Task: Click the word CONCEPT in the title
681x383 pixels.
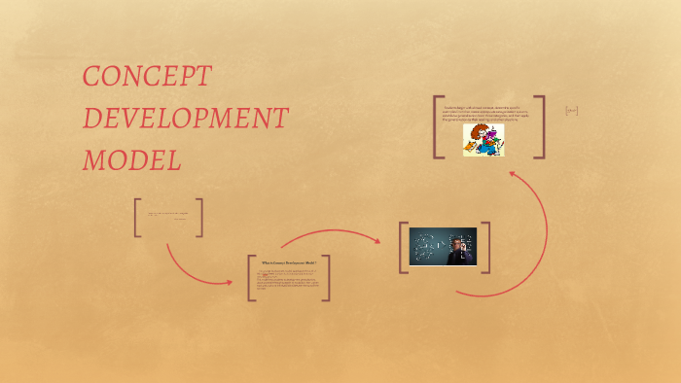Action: tap(147, 77)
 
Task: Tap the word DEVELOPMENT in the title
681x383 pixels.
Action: tap(185, 119)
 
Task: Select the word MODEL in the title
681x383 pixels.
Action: tap(131, 160)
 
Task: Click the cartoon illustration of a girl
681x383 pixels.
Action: tap(484, 140)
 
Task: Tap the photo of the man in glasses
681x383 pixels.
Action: tap(444, 247)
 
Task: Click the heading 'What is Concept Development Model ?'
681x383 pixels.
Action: tap(289, 263)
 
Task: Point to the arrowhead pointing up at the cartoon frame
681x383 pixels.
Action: tap(513, 176)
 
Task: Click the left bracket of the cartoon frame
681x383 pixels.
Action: tap(438, 126)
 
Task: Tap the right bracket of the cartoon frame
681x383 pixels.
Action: tap(541, 126)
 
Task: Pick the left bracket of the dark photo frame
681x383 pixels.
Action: tap(402, 247)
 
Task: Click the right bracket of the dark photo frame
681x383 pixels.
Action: tap(486, 247)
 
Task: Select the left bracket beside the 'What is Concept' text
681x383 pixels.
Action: tap(251, 278)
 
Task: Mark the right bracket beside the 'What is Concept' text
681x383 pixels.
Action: tap(327, 278)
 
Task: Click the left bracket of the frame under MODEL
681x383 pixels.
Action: tap(137, 217)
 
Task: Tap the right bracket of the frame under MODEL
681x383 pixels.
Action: tap(199, 217)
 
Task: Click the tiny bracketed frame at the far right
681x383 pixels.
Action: tap(572, 111)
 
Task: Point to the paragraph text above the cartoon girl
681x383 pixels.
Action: tap(489, 113)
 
